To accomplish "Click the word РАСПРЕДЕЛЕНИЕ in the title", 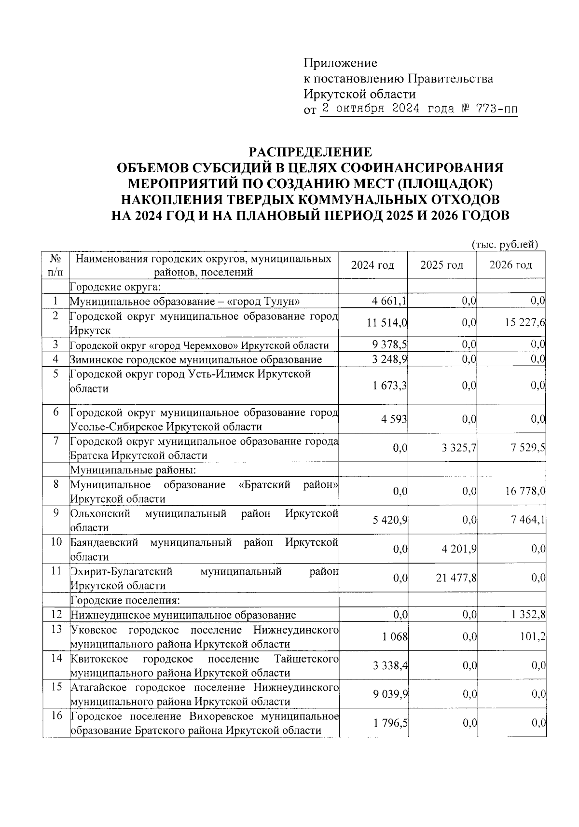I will coord(310,152).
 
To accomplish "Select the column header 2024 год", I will coord(372,265).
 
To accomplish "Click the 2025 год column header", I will coord(441,265).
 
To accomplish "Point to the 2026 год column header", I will coord(510,265).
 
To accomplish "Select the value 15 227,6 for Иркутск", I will coord(525,322).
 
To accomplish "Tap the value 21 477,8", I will coord(456,578).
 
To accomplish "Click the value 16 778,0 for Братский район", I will coord(525,491).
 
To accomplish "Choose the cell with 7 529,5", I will coord(526,448).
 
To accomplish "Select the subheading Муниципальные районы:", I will coord(133,469).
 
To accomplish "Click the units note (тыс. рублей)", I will coord(504,245).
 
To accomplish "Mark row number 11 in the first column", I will coord(56,571).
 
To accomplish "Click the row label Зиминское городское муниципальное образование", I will coord(196,359).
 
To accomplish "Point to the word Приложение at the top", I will coord(340,63).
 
